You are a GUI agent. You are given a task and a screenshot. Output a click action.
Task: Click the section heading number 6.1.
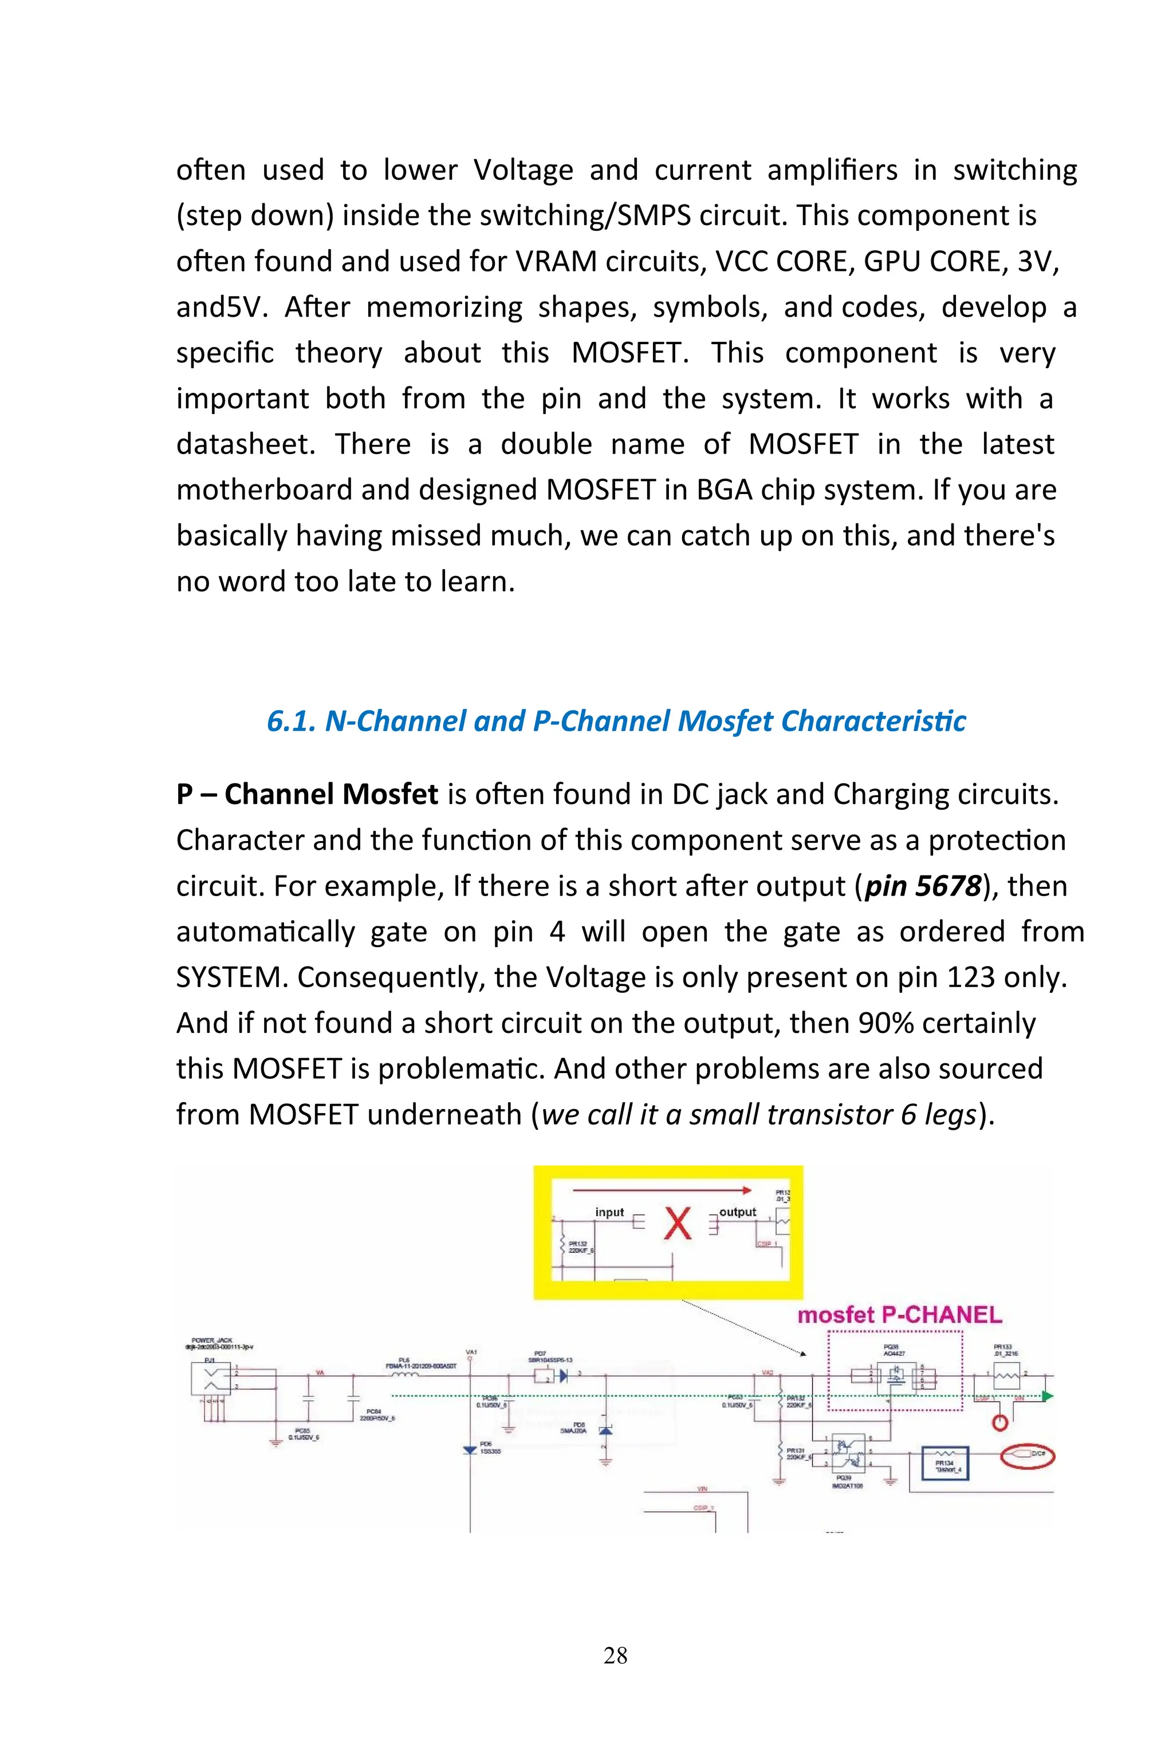tap(291, 721)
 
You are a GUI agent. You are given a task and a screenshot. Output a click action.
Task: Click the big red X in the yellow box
tap(678, 1224)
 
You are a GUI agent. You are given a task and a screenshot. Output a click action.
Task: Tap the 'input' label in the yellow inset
tap(609, 1212)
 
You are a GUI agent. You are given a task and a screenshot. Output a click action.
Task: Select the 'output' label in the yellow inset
tap(738, 1212)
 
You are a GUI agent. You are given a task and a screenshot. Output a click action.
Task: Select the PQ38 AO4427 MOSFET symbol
tap(895, 1376)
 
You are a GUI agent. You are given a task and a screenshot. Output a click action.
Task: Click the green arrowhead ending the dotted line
tap(1048, 1395)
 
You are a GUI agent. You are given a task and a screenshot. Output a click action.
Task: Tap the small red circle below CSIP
tap(999, 1422)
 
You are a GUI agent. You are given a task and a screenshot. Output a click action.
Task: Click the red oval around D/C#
tap(1027, 1454)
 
